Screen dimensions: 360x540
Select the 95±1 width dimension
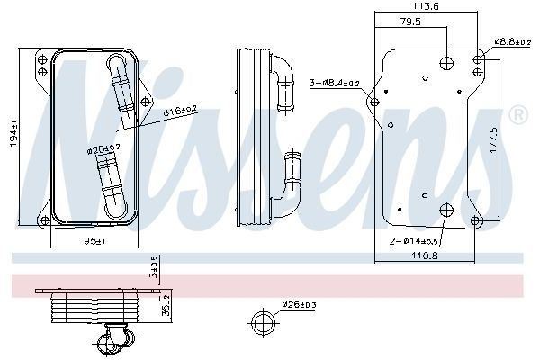pos(93,241)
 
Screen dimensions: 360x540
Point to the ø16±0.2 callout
pos(183,111)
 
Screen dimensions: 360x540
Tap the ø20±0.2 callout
pos(104,148)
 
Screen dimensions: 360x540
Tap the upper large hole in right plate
pos(447,62)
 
